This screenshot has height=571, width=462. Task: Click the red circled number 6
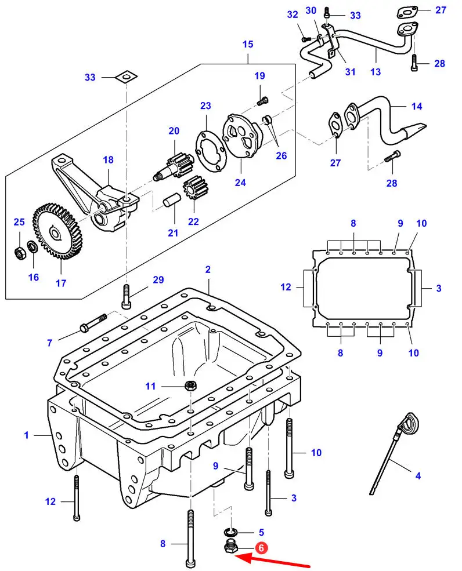[x=261, y=547]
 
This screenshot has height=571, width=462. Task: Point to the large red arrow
[x=272, y=560]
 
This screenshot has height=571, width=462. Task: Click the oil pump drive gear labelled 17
[x=58, y=231]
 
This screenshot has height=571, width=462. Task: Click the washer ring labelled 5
[x=230, y=532]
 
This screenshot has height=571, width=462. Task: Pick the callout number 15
[x=248, y=43]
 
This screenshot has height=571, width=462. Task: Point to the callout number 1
[x=26, y=435]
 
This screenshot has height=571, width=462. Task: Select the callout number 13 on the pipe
[x=376, y=71]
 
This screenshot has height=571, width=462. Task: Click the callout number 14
[x=417, y=106]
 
